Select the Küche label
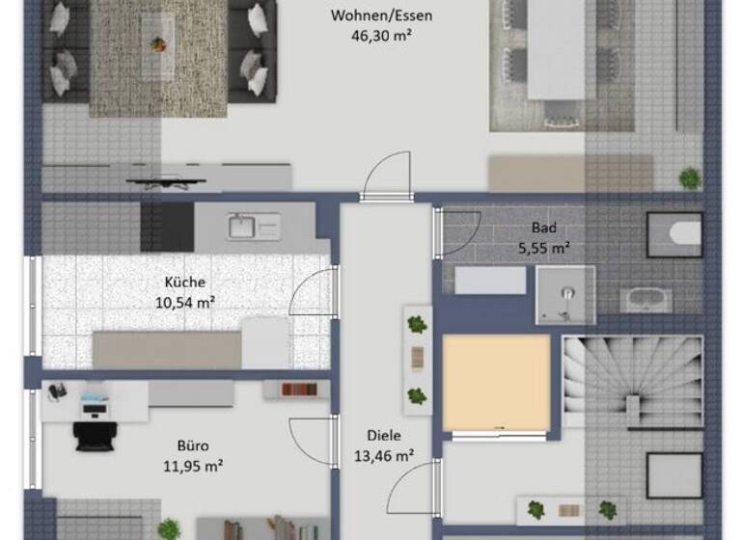point(185,283)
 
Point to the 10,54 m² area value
point(185,302)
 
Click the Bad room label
point(544,229)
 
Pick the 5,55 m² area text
point(544,248)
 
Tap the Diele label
point(383,436)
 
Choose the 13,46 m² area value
point(383,456)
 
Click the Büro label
point(192,446)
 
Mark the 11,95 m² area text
point(192,466)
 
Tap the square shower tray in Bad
point(565,294)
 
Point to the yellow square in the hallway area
point(496,383)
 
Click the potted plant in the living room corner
point(689,177)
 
